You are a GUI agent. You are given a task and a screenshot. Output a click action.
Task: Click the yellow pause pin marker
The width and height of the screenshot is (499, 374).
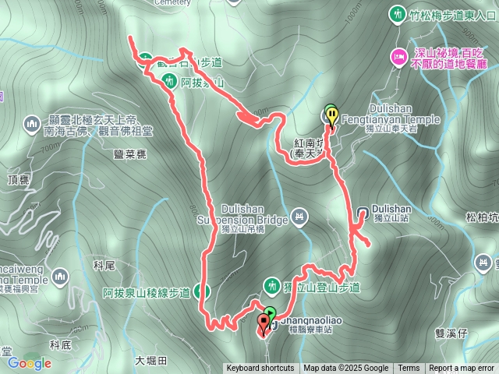(332, 115)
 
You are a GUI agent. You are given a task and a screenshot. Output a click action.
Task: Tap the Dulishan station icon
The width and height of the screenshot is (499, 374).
(363, 211)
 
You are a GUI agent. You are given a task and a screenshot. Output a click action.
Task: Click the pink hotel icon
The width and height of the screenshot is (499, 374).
(398, 56)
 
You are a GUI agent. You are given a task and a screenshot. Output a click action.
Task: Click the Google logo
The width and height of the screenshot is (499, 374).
(29, 362)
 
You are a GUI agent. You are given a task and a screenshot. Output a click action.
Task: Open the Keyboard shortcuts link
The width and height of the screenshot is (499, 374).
(260, 369)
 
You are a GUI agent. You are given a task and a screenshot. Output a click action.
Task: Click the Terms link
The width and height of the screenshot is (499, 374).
(409, 369)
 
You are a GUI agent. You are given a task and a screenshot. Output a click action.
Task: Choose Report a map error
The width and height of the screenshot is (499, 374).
(462, 369)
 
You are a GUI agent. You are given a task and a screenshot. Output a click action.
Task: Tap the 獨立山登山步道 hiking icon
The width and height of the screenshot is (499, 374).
(272, 286)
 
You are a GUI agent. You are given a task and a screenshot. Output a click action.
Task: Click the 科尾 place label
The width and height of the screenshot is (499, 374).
(104, 266)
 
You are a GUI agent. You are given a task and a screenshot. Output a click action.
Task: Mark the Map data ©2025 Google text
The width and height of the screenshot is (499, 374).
(346, 369)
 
